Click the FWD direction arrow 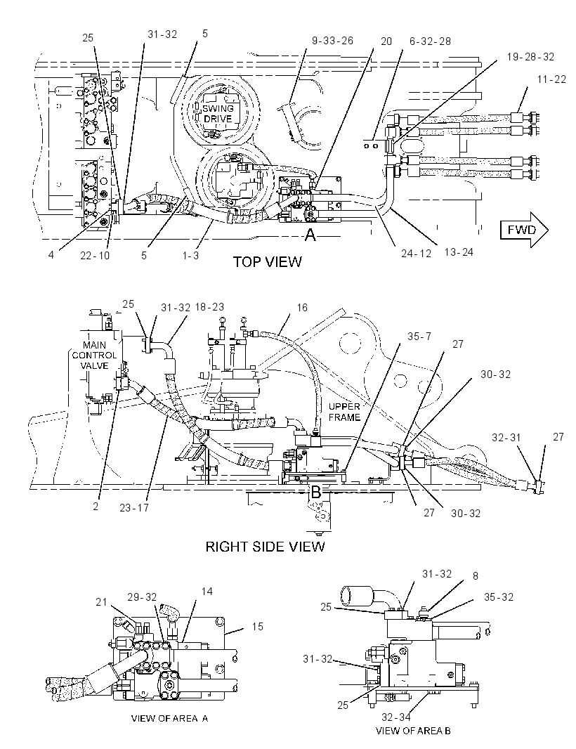524,230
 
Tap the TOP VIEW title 268,262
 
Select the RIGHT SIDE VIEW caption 265,547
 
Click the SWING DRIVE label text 218,113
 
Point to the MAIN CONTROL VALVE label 94,355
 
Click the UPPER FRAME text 344,412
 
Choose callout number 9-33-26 332,41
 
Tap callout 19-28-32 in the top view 530,57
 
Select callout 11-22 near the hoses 551,79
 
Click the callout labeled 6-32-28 430,41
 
